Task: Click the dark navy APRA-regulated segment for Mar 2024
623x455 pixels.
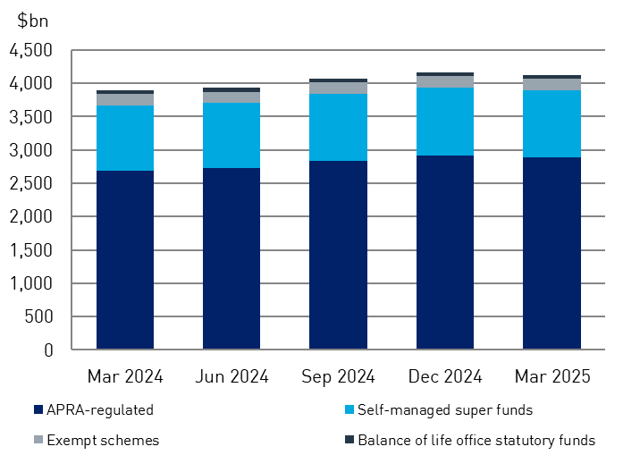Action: [125, 259]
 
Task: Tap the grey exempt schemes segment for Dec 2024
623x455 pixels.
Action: [444, 81]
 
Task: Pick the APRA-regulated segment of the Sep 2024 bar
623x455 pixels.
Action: [338, 255]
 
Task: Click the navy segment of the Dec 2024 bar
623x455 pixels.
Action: [444, 252]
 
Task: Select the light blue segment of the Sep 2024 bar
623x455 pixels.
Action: [338, 127]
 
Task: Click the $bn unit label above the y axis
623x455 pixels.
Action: [32, 21]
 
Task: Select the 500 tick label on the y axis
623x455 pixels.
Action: [37, 317]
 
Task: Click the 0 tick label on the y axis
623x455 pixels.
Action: [48, 350]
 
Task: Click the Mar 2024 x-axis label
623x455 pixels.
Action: [125, 376]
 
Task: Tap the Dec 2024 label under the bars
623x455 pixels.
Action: [444, 376]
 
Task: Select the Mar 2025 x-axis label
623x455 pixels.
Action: [551, 376]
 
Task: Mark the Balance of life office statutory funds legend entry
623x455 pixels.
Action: [469, 440]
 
